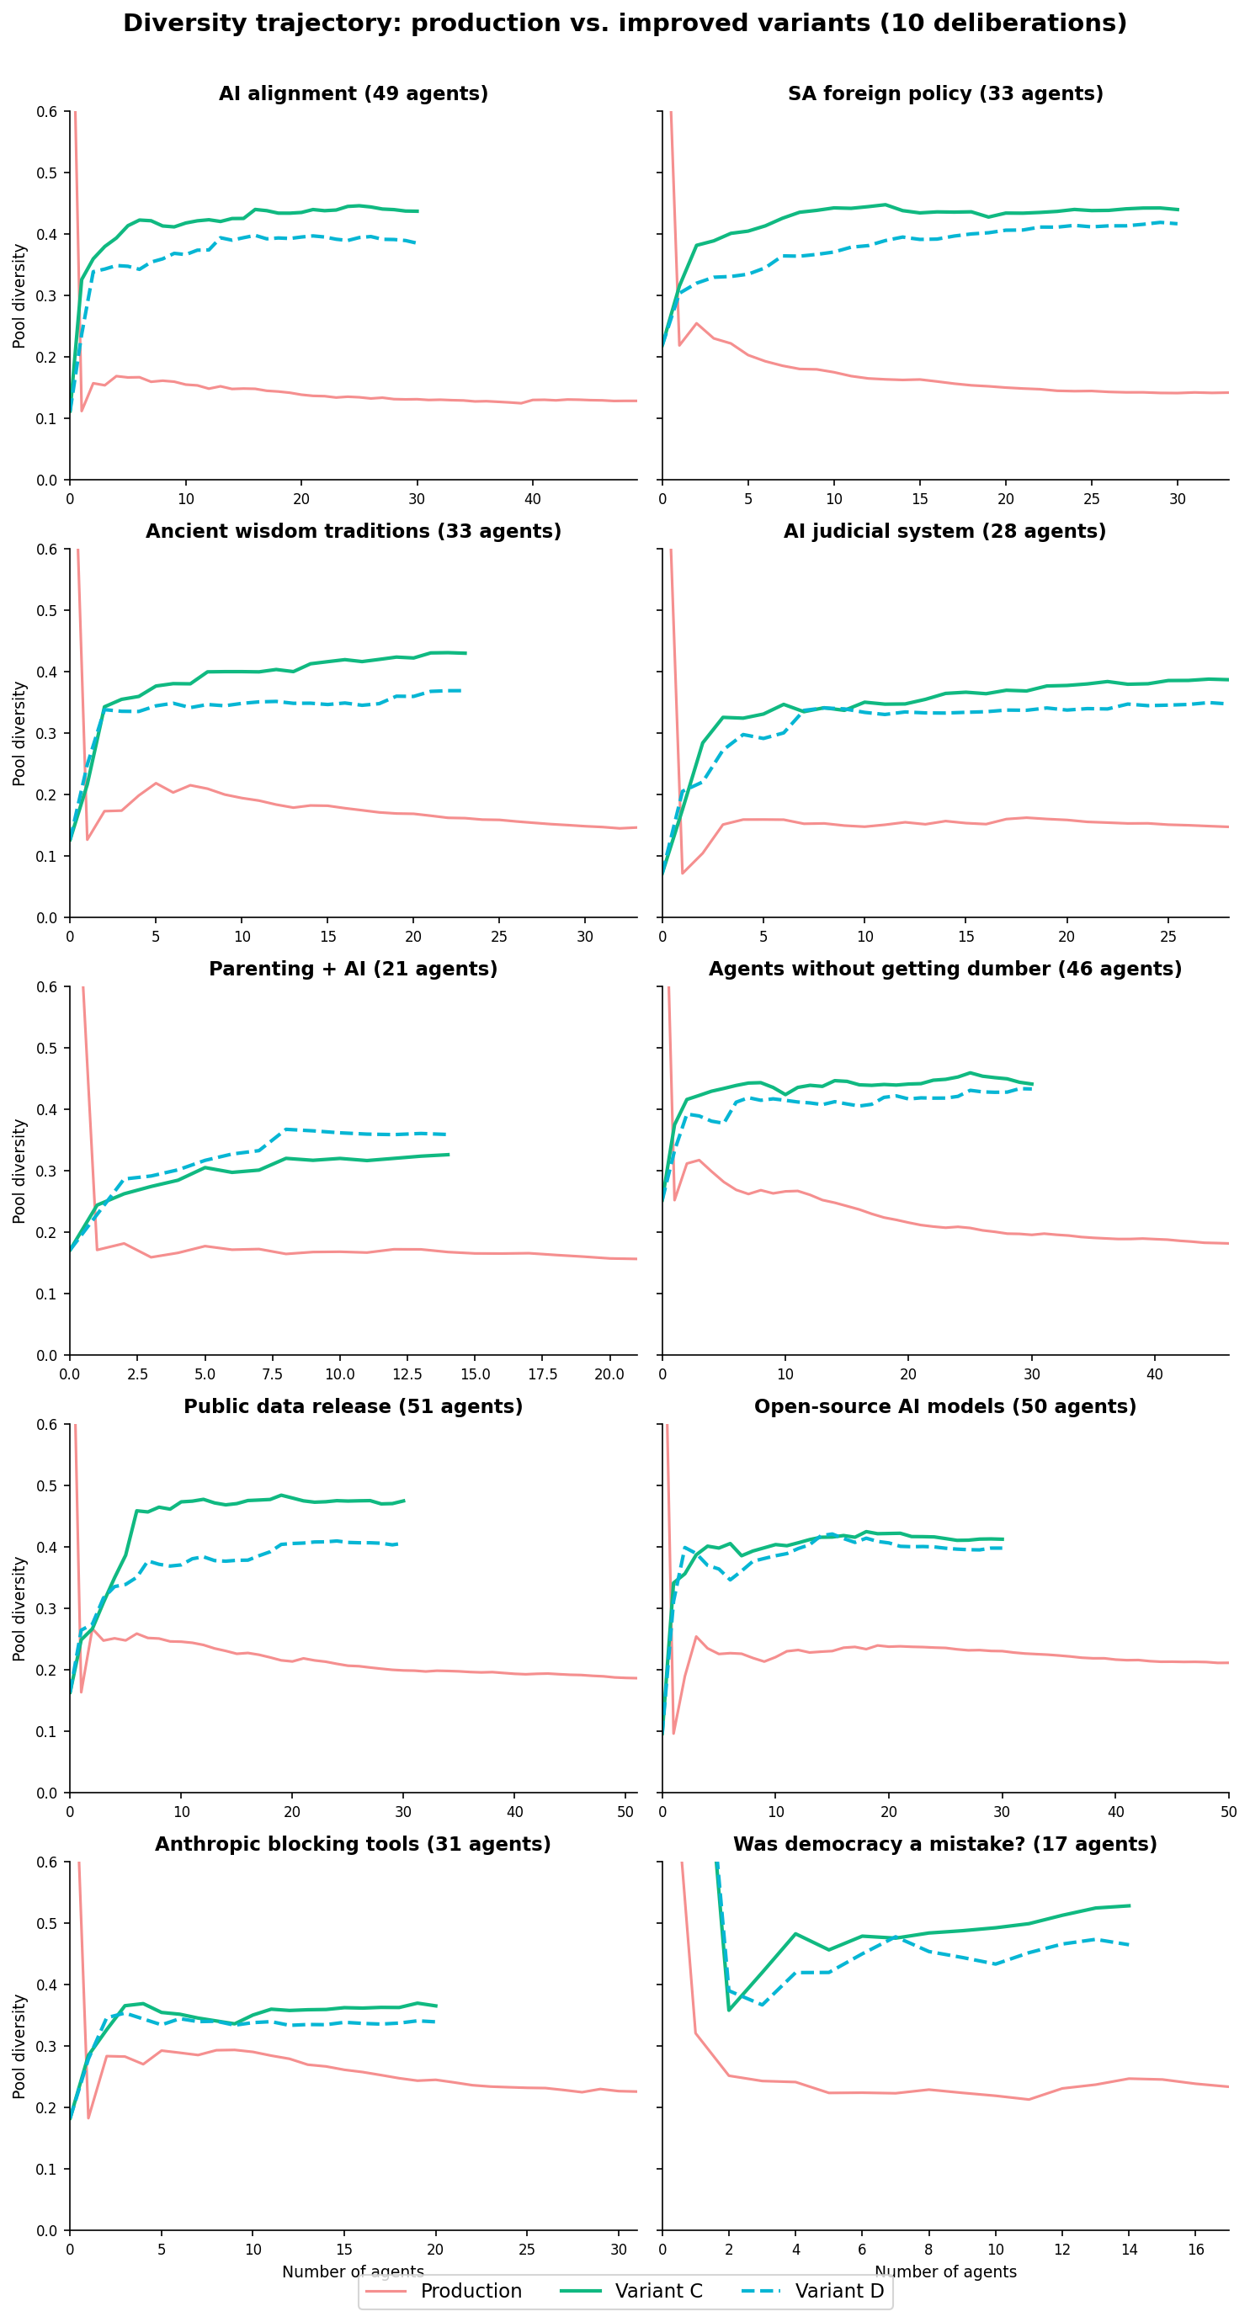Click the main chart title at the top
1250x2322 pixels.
pos(625,24)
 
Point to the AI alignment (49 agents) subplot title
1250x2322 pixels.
pos(354,93)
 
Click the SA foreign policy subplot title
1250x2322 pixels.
pos(945,93)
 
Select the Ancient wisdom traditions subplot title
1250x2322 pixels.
pos(354,531)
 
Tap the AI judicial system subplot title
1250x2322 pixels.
pos(944,531)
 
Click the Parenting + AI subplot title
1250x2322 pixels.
pos(354,969)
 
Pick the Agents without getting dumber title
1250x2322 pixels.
pos(944,969)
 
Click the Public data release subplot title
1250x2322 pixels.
pos(354,1406)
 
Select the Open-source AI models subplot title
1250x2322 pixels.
pos(944,1406)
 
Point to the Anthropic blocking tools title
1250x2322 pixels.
pos(354,1844)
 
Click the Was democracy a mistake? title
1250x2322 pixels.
pos(944,1844)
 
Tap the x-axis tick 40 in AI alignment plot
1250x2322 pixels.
pos(533,498)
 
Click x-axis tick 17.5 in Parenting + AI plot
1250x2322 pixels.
pos(543,1374)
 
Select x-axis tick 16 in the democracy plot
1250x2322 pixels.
pos(1196,2250)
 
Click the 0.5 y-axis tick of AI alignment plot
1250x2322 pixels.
pos(47,173)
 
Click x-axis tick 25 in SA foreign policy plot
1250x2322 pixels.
pos(1092,498)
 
